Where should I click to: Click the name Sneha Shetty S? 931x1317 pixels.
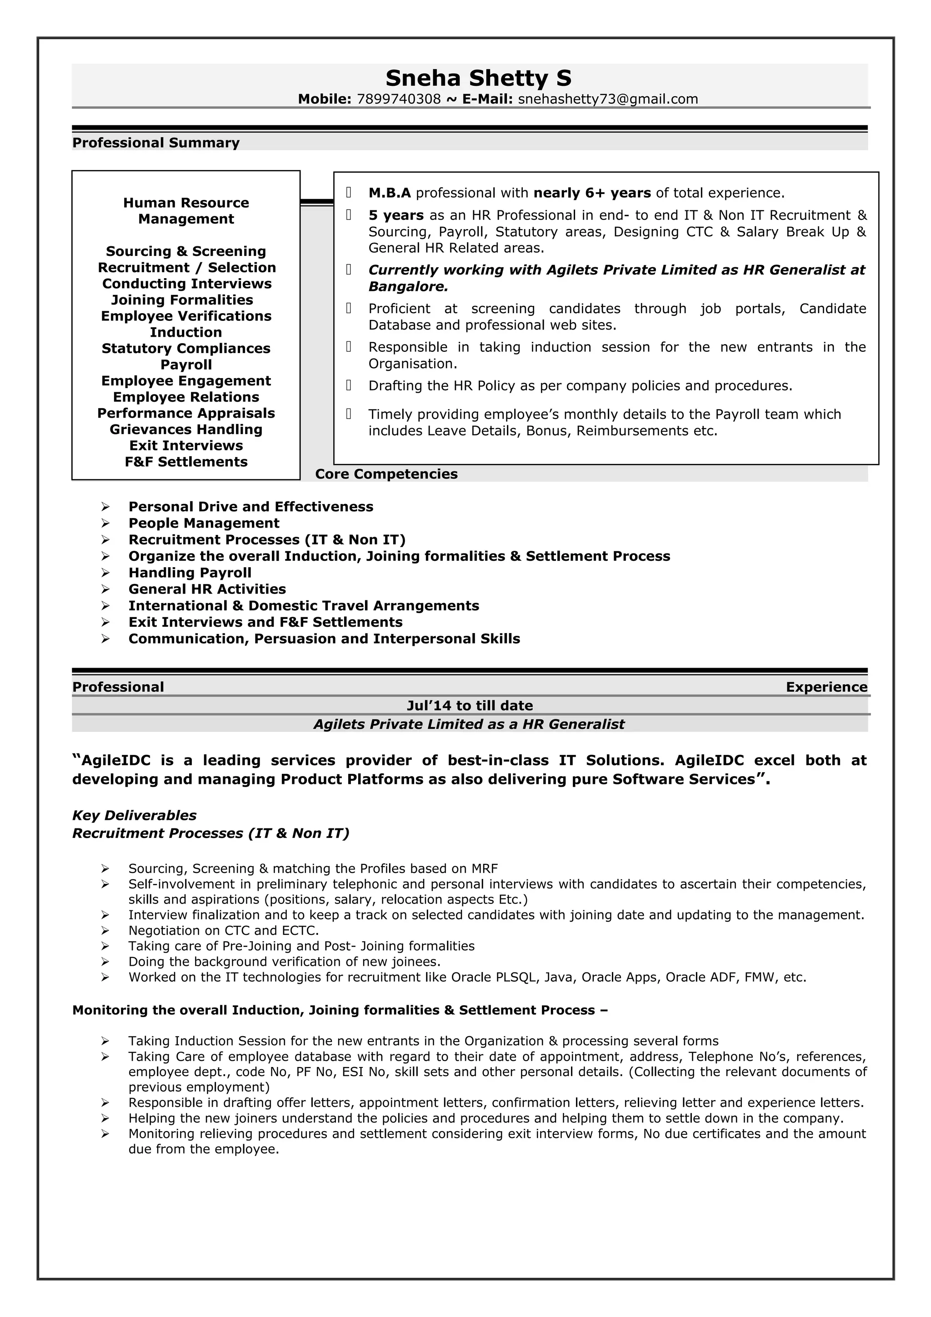coord(478,78)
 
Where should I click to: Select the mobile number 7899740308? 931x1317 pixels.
coord(399,99)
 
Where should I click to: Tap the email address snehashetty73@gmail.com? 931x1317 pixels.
coord(607,99)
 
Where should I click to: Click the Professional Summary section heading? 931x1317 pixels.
coord(155,143)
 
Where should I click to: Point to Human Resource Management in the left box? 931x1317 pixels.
coord(186,210)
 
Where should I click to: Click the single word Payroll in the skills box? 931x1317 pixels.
coord(186,365)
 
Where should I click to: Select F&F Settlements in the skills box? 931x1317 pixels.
coord(186,462)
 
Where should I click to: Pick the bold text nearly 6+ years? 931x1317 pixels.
coord(592,193)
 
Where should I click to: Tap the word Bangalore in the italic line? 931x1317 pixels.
coord(407,287)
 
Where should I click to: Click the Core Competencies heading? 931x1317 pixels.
coord(386,474)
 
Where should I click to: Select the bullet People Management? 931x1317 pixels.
coord(204,523)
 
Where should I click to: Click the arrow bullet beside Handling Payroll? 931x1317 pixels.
coord(105,573)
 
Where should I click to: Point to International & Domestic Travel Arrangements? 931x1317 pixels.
coord(304,606)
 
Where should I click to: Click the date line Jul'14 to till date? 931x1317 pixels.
coord(469,705)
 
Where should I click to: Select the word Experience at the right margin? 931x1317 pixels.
coord(826,687)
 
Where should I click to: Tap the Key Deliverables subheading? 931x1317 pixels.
coord(134,816)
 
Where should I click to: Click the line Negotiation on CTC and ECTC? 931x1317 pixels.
coord(223,930)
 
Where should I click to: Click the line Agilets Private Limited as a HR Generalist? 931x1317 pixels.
coord(469,724)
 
